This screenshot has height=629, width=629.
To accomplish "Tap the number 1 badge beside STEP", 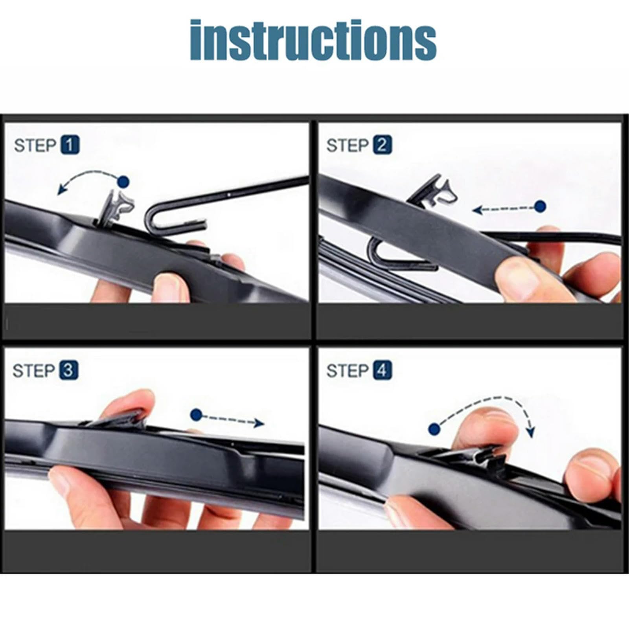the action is [x=70, y=145].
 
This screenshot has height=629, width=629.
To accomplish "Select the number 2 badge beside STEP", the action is [x=382, y=145].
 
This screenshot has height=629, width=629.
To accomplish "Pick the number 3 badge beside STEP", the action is [x=68, y=370].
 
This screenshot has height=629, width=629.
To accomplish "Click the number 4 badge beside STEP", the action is [x=382, y=370].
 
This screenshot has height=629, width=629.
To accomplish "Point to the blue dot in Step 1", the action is [x=123, y=182].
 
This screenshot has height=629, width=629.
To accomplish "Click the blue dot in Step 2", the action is [x=541, y=206].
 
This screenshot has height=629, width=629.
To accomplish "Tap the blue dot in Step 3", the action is [x=196, y=415].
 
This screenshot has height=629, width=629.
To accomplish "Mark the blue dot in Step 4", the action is [x=434, y=429].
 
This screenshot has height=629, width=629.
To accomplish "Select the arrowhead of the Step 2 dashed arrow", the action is [x=477, y=210].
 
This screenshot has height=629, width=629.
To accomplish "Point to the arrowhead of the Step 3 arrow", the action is [x=259, y=423].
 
